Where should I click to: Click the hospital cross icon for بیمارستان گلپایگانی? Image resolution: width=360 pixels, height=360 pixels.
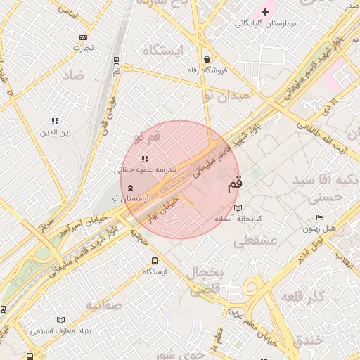coord(265,12)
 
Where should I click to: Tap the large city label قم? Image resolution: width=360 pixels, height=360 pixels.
coord(234,185)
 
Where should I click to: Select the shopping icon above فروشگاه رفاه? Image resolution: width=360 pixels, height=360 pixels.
coord(207,59)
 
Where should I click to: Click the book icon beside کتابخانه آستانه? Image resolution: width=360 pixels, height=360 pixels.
coord(238,209)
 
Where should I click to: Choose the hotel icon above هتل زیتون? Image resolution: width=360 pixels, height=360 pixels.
coord(320,218)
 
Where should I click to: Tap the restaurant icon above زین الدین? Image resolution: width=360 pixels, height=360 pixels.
coord(55,121)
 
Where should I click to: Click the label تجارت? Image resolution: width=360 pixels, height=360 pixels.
coord(84,48)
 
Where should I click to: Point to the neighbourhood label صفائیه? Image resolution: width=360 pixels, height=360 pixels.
coord(104,305)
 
